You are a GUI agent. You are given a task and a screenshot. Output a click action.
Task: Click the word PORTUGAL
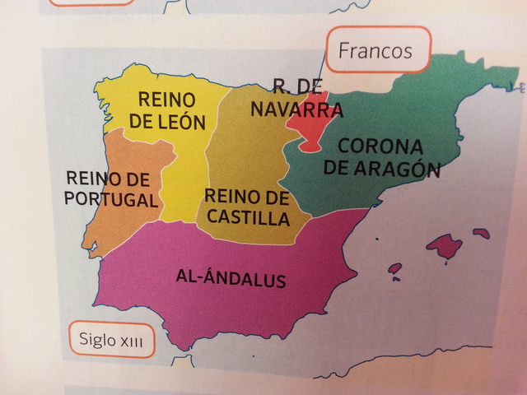point(110,199)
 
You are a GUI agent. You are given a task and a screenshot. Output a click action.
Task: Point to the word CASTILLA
point(248,218)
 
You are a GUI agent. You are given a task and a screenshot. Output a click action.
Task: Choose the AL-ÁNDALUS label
point(231,278)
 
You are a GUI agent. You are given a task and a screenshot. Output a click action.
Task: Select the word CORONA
point(380,148)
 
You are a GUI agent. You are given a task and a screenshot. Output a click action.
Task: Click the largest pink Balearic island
point(444,244)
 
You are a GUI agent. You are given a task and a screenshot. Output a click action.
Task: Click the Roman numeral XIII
point(131,339)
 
